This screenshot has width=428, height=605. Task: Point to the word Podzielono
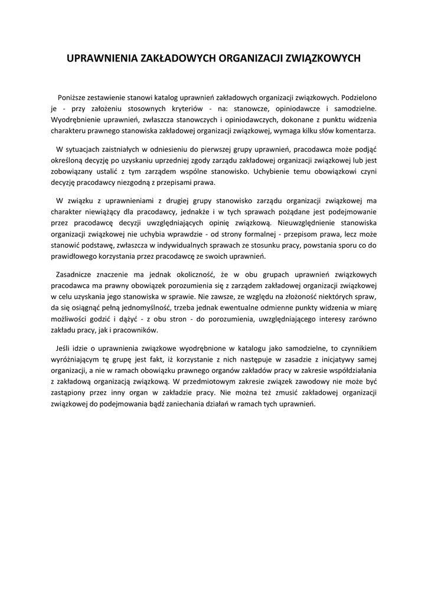[x=358, y=97]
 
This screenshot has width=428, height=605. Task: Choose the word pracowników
[x=137, y=331]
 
